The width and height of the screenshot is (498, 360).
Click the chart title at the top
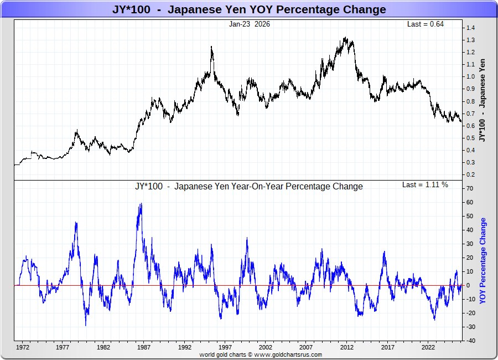tap(248, 9)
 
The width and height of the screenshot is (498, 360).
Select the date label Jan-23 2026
tap(250, 24)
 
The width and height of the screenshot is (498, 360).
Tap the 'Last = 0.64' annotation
tap(426, 24)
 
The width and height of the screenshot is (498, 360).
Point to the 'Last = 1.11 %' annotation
tap(425, 184)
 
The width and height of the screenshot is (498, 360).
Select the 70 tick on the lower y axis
tap(469, 188)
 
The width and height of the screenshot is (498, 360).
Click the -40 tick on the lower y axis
tap(469, 341)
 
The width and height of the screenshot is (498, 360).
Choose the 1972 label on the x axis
tap(23, 348)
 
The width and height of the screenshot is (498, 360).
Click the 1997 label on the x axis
tap(225, 348)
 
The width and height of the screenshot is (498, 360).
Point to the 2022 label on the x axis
tap(427, 348)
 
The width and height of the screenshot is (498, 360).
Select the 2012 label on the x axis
tap(346, 348)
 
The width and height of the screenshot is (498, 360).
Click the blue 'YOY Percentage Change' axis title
tap(483, 260)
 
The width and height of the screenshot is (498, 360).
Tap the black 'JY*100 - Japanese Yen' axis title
tap(483, 100)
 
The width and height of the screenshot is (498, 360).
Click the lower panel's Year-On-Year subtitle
tap(249, 186)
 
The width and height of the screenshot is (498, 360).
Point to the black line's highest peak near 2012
tap(345, 38)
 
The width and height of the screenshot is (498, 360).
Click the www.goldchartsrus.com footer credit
tap(260, 354)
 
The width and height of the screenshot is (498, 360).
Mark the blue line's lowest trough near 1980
tap(86, 326)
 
